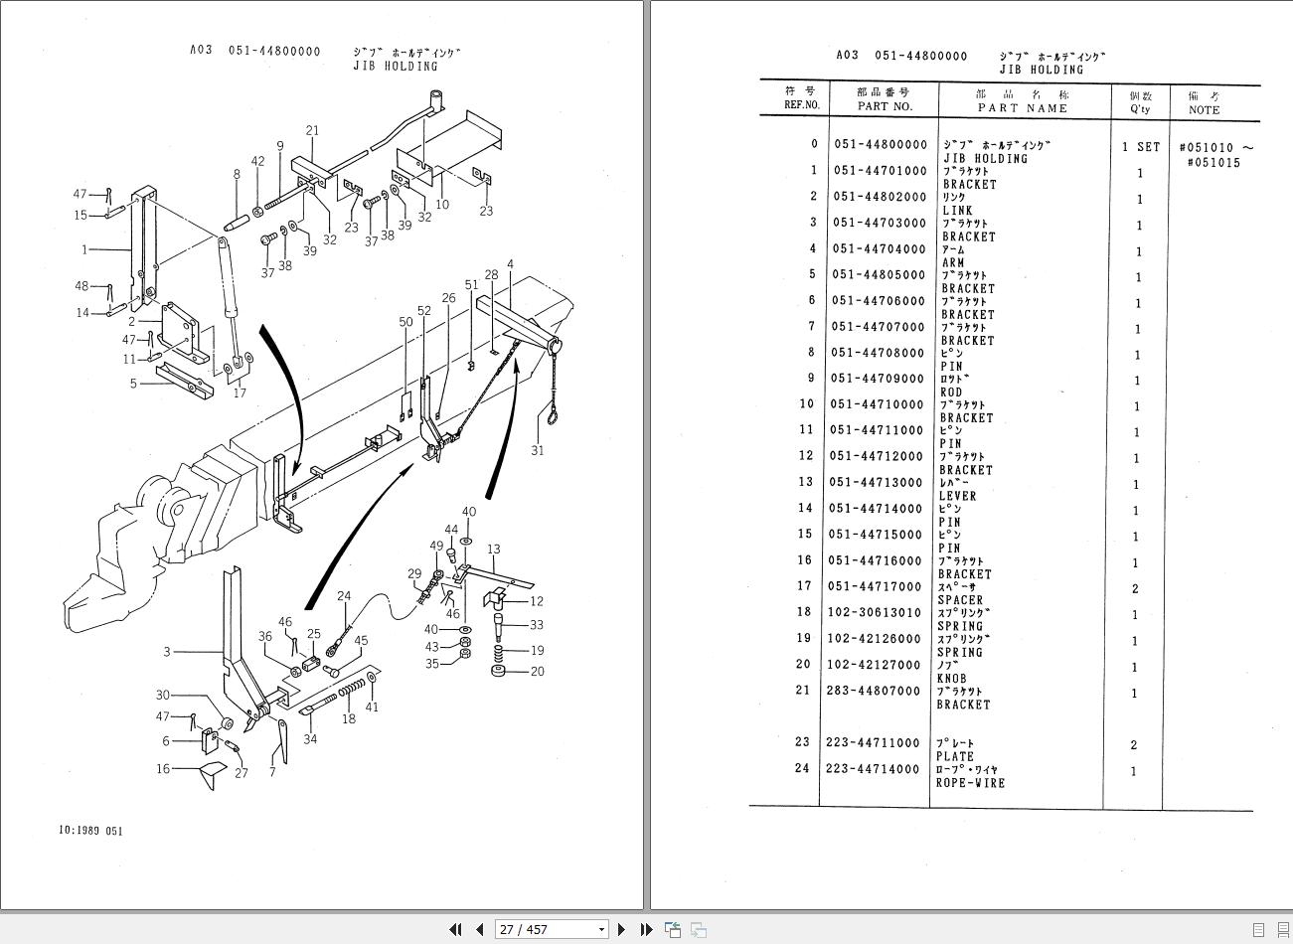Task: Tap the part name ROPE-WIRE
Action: [x=970, y=783]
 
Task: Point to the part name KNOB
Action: [x=951, y=679]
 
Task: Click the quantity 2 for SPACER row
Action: [x=1135, y=589]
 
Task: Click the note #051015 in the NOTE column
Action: [x=1213, y=163]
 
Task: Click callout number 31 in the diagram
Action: [x=537, y=450]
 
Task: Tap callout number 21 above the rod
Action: [x=313, y=130]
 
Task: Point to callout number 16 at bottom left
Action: [x=163, y=768]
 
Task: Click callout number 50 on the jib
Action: [x=405, y=322]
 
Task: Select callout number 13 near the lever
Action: [x=493, y=549]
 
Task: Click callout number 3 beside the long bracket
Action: [x=167, y=652]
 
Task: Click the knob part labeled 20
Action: [x=498, y=671]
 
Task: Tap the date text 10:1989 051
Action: [x=90, y=831]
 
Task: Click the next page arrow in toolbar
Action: [x=621, y=929]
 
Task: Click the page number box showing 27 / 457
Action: [x=552, y=929]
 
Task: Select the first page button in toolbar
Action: [x=455, y=929]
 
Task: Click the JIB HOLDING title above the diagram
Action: [x=395, y=67]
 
